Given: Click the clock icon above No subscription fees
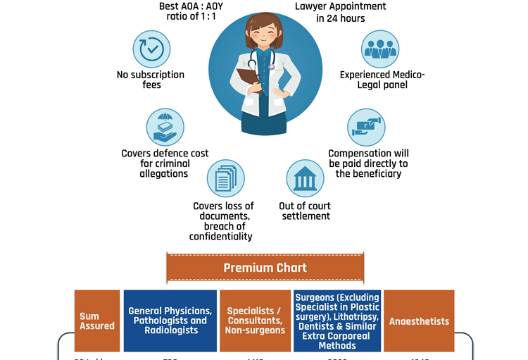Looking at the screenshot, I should [x=151, y=49].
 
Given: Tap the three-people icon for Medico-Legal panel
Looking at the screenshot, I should [x=380, y=49].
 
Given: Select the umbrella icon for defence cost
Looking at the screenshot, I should [x=165, y=128].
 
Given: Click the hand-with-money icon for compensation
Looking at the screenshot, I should [x=366, y=128].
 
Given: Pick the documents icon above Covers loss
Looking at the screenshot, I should [x=225, y=178].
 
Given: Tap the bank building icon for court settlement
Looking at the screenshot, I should [x=305, y=178].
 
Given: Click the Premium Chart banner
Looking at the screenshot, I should [x=265, y=268].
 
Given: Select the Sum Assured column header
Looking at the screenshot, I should [x=97, y=321].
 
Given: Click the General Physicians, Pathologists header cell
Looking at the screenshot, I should [x=170, y=321].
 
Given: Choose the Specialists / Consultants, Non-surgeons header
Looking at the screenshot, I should [x=255, y=321].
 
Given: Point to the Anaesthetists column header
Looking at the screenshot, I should [x=419, y=321].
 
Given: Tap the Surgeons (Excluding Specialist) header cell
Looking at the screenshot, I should [x=337, y=321].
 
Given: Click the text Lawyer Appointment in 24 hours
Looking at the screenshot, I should [x=341, y=12].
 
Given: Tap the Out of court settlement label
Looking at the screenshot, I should [x=305, y=211].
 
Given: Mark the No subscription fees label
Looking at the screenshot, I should [x=151, y=80].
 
